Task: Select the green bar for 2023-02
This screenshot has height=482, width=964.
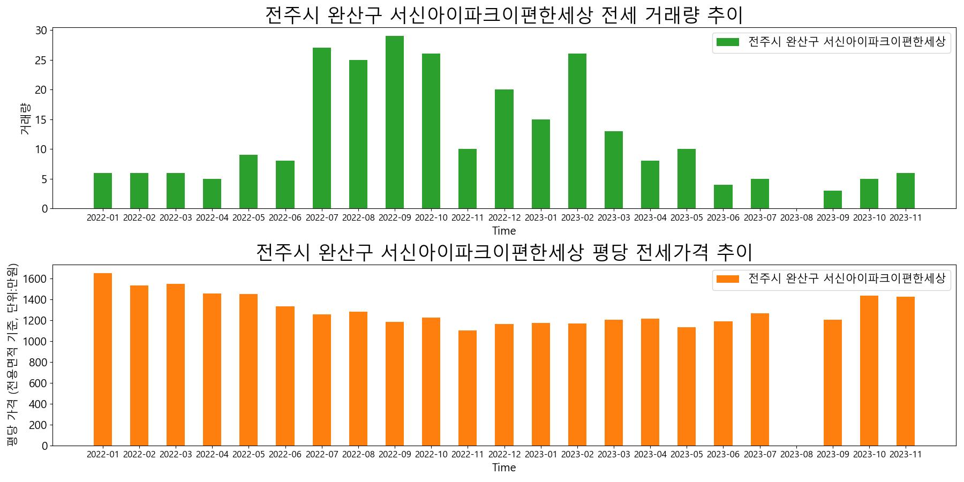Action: pos(577,131)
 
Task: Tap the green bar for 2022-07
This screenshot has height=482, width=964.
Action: pos(322,128)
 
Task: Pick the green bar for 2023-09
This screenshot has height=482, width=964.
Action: pos(833,200)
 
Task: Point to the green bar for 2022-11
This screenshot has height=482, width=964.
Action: pos(468,179)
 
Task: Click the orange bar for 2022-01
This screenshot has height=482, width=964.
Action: pos(103,359)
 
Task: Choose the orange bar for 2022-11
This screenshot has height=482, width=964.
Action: pos(468,388)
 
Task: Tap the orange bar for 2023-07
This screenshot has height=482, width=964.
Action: pos(760,380)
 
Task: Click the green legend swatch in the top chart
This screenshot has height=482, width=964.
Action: pos(727,42)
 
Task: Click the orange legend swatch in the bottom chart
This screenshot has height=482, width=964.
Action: pos(727,279)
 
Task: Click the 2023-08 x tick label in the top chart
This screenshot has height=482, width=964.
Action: pos(796,218)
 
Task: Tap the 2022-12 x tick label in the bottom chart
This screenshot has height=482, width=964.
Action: pos(504,455)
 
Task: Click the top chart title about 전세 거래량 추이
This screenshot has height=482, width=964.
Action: pos(504,15)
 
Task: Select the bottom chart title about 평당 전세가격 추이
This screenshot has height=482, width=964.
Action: pos(504,252)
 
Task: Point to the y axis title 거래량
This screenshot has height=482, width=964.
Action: pos(25,118)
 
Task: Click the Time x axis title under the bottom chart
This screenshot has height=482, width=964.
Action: pos(504,468)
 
